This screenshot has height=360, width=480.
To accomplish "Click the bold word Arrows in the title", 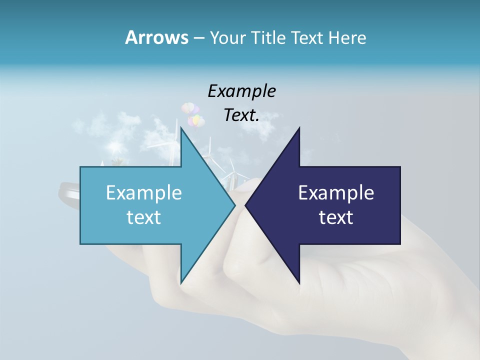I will click(156, 37).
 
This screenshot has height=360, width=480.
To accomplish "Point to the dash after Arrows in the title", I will click(198, 38).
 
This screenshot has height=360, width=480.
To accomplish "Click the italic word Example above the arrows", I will click(241, 91).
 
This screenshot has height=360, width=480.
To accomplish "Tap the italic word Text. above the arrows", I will click(241, 115).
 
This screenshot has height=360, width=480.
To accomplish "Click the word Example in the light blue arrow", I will click(144, 192).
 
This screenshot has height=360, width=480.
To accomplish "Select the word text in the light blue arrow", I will click(144, 217).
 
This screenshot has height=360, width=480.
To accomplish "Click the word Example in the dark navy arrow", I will click(336, 192).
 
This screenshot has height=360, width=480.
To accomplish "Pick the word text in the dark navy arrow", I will click(336, 217).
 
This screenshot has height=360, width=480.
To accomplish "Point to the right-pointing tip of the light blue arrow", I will click(234, 205).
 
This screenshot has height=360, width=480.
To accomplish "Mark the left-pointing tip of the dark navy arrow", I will click(246, 205).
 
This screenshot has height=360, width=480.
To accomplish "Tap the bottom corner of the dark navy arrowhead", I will click(299, 283).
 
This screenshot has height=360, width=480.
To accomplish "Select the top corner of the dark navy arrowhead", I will click(299, 128).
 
